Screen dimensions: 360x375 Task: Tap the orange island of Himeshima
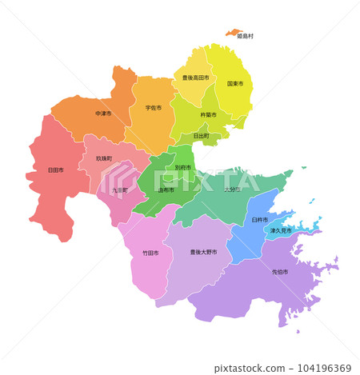234,33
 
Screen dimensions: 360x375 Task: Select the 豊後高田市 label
195,78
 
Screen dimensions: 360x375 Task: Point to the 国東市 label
235,83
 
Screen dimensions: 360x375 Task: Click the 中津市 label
103,114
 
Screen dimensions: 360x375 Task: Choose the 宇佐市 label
154,107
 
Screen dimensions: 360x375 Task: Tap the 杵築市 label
209,114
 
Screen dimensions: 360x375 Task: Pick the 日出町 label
202,136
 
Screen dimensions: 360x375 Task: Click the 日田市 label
56,170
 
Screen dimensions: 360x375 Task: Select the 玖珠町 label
104,158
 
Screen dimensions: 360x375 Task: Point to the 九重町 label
120,190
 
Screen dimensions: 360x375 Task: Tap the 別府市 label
183,167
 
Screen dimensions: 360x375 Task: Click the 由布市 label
166,190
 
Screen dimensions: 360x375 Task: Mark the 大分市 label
232,189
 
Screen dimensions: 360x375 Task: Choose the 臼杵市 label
259,219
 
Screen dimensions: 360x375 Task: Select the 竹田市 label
150,253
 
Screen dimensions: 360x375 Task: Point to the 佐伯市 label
280,272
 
